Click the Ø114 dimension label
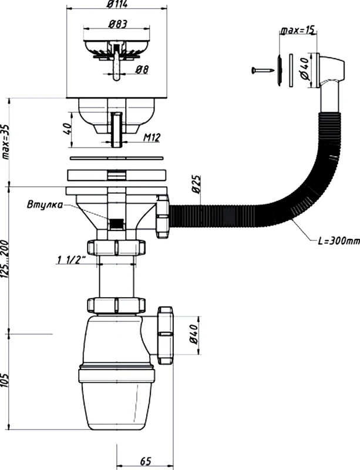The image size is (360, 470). point(117,5)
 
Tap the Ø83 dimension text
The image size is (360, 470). point(117,24)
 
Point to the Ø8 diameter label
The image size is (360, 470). point(142,70)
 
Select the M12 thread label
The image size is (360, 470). point(152,137)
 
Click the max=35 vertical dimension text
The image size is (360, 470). point(6,141)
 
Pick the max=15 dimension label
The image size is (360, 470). point(297,30)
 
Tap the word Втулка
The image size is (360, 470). point(45,204)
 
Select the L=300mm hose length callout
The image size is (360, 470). point(339,241)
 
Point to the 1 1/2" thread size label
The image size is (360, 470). point(70,260)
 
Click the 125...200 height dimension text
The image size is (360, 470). point(6,258)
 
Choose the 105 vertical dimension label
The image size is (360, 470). point(6,380)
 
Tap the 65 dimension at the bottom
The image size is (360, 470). point(146,461)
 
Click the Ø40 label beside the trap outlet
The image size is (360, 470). point(194,334)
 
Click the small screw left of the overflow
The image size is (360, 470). point(263,70)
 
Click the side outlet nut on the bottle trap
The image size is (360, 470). point(165,335)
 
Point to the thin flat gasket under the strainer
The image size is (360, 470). point(117,158)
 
